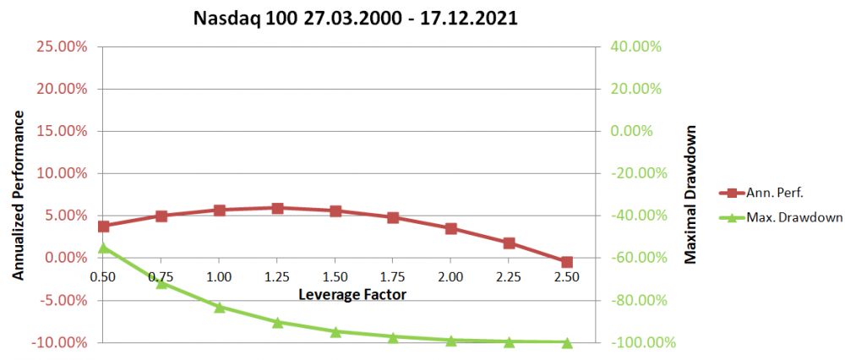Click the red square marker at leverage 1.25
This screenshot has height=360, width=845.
pyautogui.click(x=277, y=207)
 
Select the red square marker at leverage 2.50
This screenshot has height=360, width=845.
pyautogui.click(x=567, y=262)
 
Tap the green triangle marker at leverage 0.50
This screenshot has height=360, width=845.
pyautogui.click(x=103, y=248)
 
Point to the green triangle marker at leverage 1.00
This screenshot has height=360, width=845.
pyautogui.click(x=219, y=307)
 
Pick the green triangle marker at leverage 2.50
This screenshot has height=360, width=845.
pyautogui.click(x=567, y=342)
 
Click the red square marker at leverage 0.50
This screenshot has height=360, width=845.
pyautogui.click(x=103, y=226)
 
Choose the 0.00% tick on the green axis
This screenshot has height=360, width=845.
pyautogui.click(x=633, y=131)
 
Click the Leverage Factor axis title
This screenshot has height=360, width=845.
pyautogui.click(x=352, y=295)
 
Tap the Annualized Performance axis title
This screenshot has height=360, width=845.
pyautogui.click(x=18, y=194)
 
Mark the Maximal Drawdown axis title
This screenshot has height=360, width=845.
pyautogui.click(x=691, y=194)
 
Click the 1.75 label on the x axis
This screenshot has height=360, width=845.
pyautogui.click(x=393, y=276)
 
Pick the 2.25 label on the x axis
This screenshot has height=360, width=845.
pyautogui.click(x=509, y=276)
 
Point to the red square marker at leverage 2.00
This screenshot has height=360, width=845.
pyautogui.click(x=451, y=228)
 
